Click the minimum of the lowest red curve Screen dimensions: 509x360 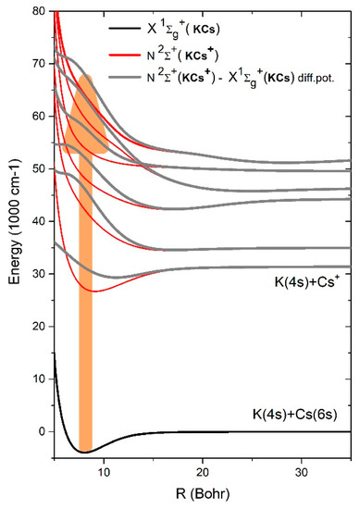point(90,291)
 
